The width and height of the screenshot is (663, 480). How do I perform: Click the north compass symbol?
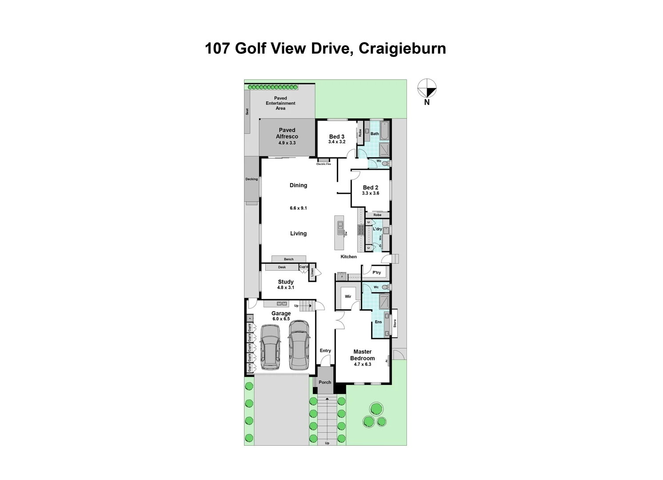(427, 88)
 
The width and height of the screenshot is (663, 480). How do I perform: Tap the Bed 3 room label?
(337, 136)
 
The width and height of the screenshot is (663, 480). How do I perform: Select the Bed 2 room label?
(371, 188)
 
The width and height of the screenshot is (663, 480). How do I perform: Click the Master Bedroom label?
(363, 355)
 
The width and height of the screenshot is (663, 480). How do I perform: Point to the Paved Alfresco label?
(287, 133)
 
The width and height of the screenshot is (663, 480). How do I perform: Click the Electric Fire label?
(324, 164)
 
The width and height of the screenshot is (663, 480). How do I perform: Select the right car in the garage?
(299, 345)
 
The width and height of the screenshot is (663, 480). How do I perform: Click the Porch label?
(325, 382)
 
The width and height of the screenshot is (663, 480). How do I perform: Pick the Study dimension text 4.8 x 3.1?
(286, 288)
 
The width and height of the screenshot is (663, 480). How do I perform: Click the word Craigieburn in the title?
(402, 48)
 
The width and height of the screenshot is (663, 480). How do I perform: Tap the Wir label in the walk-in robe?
(348, 296)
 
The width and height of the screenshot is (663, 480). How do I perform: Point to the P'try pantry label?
(377, 272)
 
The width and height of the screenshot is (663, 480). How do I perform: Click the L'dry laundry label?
(377, 229)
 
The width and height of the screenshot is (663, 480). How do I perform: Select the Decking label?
(252, 179)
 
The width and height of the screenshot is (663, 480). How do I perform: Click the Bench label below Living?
(289, 259)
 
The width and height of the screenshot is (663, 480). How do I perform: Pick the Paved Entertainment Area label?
(280, 103)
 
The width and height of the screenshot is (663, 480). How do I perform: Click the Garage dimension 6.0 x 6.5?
(281, 319)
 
